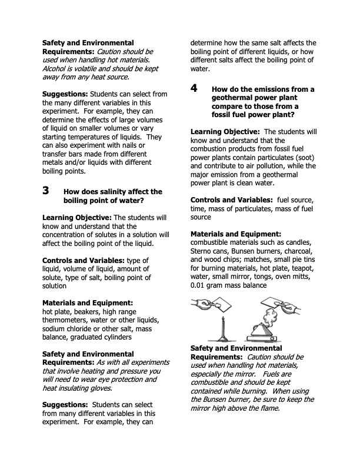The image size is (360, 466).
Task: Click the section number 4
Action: pos(194,89)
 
